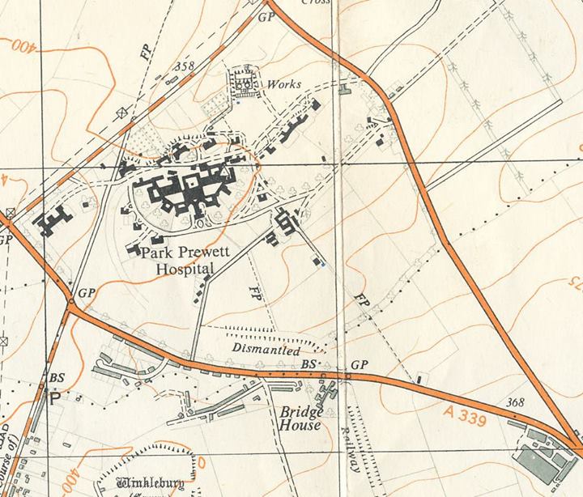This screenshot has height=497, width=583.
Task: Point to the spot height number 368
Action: (x=515, y=402)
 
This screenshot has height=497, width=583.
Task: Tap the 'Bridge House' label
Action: (x=299, y=418)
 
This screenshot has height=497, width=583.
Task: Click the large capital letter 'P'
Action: (x=54, y=398)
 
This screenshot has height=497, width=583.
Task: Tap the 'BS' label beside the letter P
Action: (x=57, y=378)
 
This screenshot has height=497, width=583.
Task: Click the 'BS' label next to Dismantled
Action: (x=308, y=366)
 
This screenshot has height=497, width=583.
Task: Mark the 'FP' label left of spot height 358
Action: (x=146, y=53)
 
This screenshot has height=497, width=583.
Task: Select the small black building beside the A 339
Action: (x=419, y=379)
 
